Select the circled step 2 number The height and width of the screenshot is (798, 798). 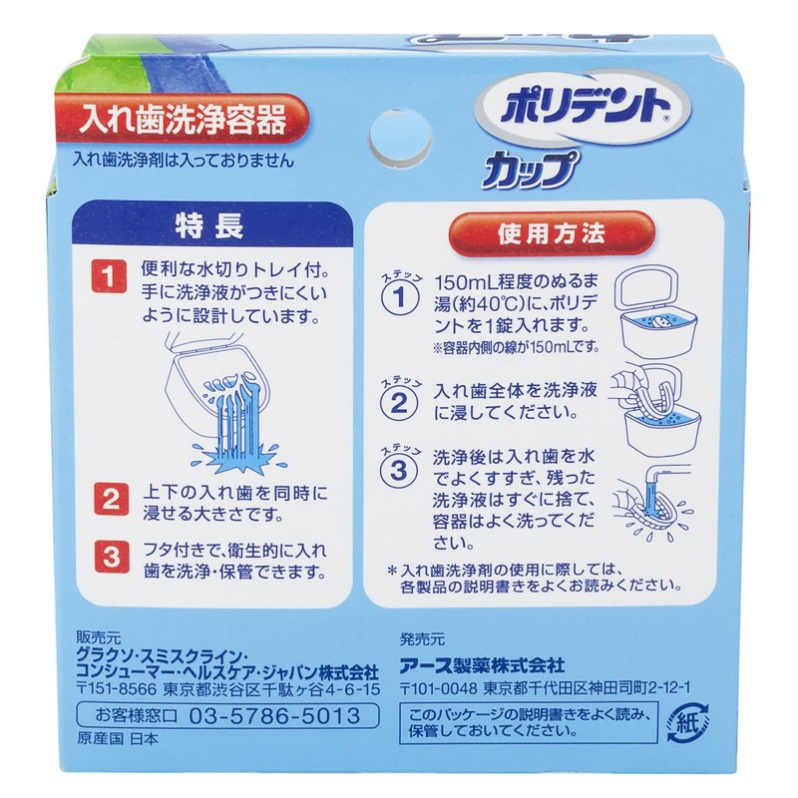tap(397, 402)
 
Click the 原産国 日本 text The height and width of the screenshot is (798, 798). tap(109, 740)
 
